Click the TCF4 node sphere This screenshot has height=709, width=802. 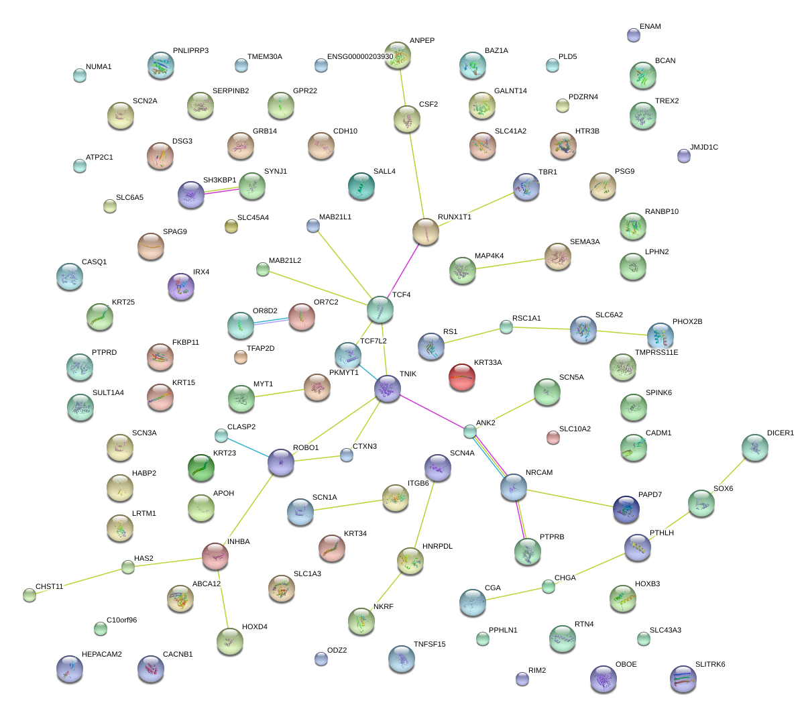(x=380, y=309)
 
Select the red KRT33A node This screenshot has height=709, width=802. (x=461, y=377)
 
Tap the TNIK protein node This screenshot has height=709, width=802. (x=388, y=388)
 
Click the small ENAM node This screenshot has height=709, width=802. (x=633, y=35)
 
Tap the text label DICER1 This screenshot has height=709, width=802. (x=780, y=433)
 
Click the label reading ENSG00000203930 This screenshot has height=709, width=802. (x=360, y=57)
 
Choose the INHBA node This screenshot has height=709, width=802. (x=215, y=555)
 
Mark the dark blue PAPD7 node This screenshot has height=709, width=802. (x=626, y=509)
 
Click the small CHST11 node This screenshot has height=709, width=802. (x=29, y=595)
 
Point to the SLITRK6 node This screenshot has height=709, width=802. (x=683, y=678)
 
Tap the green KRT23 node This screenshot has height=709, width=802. (x=201, y=468)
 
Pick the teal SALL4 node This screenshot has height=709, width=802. (x=361, y=186)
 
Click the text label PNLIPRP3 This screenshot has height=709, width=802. (x=190, y=51)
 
